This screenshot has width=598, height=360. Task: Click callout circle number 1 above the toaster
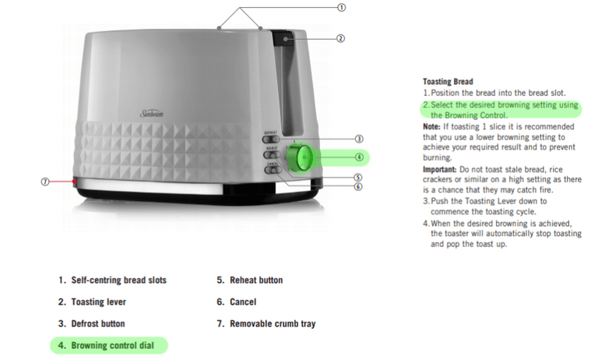point(340,7)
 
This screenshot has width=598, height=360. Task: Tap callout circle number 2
point(340,37)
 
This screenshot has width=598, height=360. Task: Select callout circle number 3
point(359,138)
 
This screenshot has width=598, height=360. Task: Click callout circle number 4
point(359,157)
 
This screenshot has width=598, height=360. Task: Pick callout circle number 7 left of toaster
point(45,182)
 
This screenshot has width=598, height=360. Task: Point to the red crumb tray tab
point(75,182)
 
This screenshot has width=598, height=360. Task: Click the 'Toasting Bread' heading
point(448,81)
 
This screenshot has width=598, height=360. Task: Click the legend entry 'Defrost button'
point(97,323)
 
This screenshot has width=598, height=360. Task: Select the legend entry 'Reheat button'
point(255,280)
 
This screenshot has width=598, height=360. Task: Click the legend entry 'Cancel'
point(242,302)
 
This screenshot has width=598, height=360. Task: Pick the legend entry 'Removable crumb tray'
point(272,323)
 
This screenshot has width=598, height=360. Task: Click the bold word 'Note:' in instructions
point(432,126)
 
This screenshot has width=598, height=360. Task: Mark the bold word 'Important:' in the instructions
point(441,169)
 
